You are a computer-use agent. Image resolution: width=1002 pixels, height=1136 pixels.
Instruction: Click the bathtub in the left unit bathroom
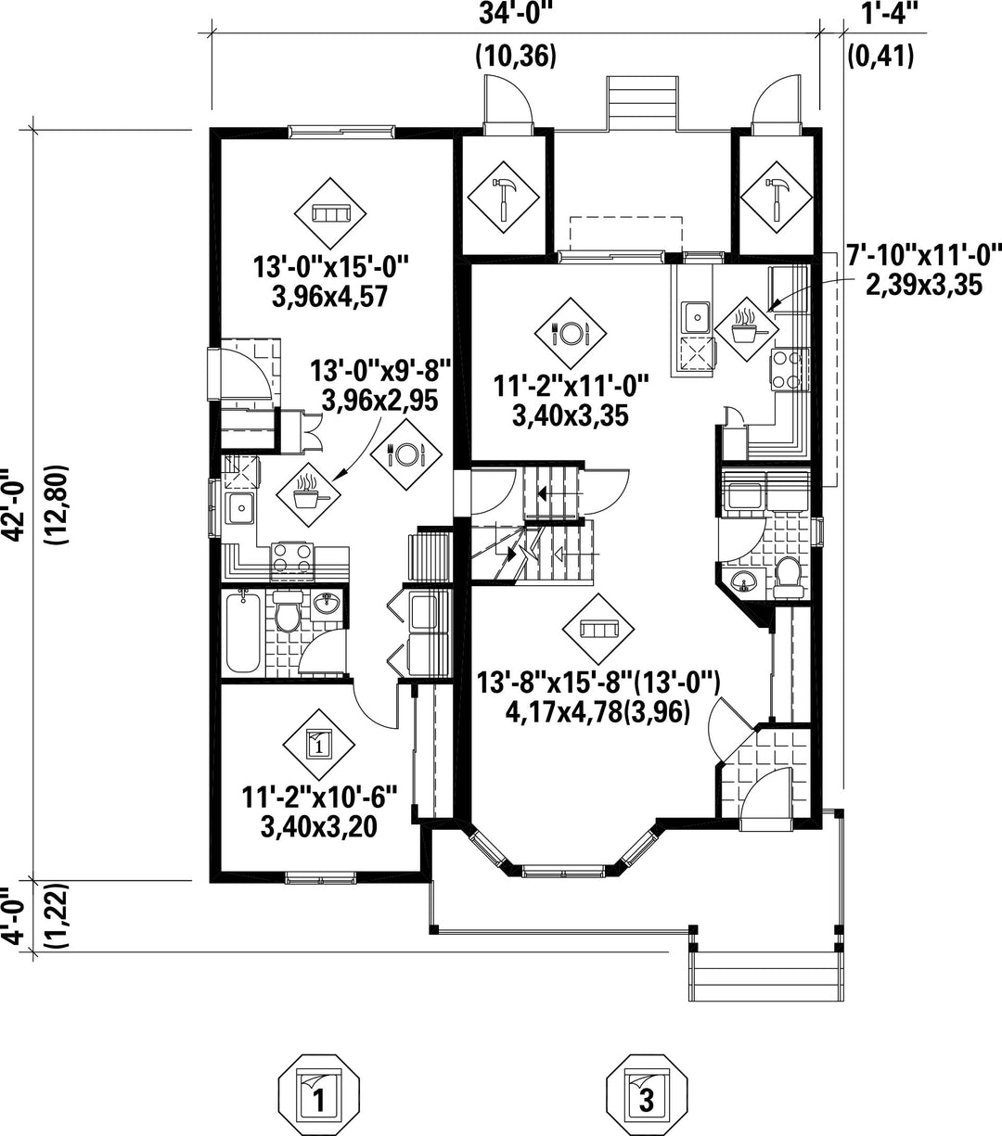(x=244, y=633)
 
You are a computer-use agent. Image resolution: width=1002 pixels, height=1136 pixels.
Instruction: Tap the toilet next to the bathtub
(x=288, y=615)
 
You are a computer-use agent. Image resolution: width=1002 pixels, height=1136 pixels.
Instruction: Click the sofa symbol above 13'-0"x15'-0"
(x=329, y=214)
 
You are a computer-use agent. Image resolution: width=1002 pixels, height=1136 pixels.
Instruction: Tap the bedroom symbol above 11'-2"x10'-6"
(x=318, y=743)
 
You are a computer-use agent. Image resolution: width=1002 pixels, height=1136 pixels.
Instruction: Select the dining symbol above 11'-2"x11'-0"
(x=570, y=332)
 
